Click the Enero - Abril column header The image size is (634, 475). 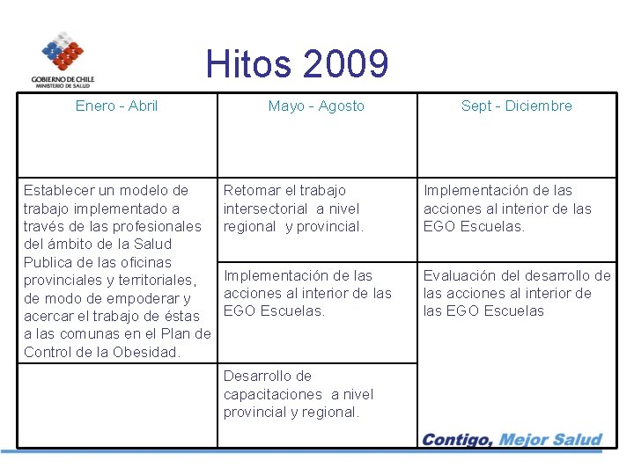[x=116, y=106]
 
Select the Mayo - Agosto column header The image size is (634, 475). [x=316, y=106]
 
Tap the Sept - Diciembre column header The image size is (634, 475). [x=516, y=106]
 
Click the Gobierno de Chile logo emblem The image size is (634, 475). [x=63, y=52]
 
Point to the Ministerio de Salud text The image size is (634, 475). [x=63, y=85]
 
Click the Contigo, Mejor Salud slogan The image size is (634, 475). [x=512, y=440]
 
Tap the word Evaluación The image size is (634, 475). [x=461, y=276]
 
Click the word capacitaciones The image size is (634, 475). [x=273, y=394]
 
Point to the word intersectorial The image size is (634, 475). [x=265, y=208]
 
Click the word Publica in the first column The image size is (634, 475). [x=49, y=262]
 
